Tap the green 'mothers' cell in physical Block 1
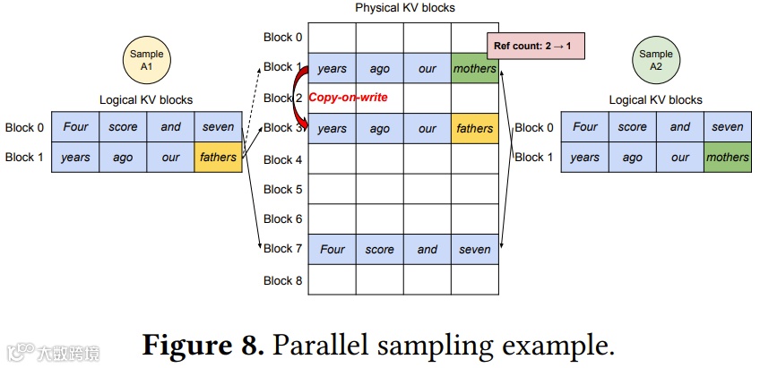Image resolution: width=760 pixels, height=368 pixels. pyautogui.click(x=474, y=68)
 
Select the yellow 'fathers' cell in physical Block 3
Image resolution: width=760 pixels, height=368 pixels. pyautogui.click(x=474, y=128)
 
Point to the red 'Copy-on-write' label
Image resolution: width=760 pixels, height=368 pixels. pyautogui.click(x=348, y=98)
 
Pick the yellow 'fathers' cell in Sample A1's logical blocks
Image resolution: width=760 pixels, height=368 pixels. pyautogui.click(x=219, y=158)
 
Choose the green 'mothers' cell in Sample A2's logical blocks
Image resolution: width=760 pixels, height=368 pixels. pyautogui.click(x=727, y=158)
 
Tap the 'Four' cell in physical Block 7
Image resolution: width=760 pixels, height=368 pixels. pyautogui.click(x=332, y=249)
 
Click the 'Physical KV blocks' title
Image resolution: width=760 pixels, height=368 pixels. pyautogui.click(x=405, y=8)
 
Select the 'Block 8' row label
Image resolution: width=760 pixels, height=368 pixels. pyautogui.click(x=283, y=280)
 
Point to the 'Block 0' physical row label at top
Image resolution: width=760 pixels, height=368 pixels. pyautogui.click(x=283, y=38)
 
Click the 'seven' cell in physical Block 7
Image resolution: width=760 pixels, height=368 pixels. pyautogui.click(x=474, y=249)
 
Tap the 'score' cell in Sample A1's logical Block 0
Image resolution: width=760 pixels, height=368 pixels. pyautogui.click(x=123, y=127)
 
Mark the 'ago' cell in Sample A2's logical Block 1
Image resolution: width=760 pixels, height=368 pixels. pyautogui.click(x=632, y=158)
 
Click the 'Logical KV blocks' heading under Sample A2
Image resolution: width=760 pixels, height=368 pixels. pyautogui.click(x=656, y=100)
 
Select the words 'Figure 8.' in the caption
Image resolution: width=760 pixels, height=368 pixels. pyautogui.click(x=205, y=344)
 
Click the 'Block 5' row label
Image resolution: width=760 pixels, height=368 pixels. pyautogui.click(x=283, y=189)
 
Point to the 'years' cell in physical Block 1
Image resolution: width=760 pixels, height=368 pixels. pyautogui.click(x=332, y=68)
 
